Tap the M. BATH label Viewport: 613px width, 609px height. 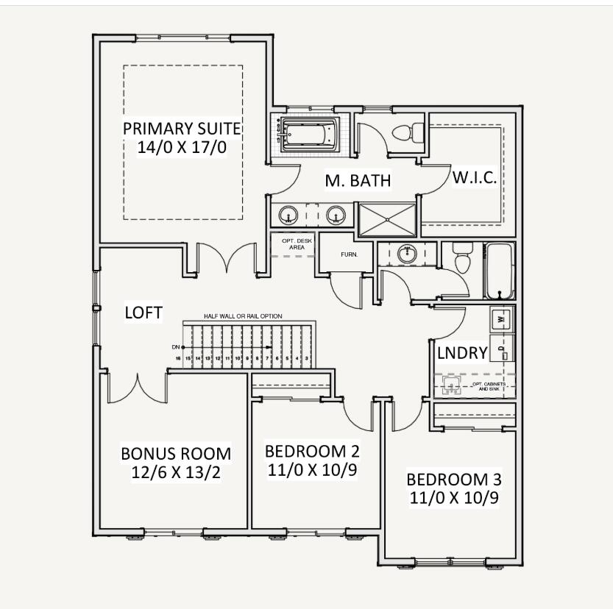click(358, 180)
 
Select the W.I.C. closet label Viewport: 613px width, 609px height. click(475, 179)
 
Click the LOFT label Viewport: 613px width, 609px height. click(143, 312)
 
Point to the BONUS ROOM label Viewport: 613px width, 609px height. click(176, 453)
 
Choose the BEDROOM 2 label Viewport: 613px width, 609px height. click(312, 451)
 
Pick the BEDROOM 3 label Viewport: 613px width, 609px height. click(453, 480)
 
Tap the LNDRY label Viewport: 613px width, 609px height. click(462, 353)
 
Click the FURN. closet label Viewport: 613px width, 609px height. click(349, 254)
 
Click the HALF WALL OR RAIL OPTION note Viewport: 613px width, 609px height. click(243, 316)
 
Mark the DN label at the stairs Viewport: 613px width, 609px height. click(176, 346)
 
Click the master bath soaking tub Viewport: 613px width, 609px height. click(308, 134)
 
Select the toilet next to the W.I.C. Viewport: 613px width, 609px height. click(406, 132)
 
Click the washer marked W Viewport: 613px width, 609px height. click(501, 319)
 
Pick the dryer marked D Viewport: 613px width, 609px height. click(501, 348)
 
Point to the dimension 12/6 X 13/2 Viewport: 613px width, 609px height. click(176, 471)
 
